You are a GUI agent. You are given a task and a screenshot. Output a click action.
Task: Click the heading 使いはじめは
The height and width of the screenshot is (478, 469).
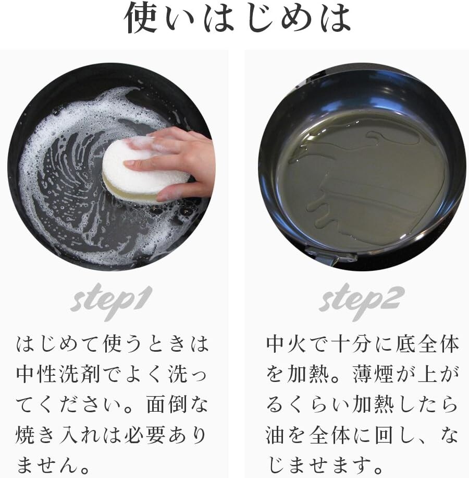pyautogui.click(x=237, y=17)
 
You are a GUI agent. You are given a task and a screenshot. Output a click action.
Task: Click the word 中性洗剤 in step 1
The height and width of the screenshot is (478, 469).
pyautogui.click(x=58, y=374)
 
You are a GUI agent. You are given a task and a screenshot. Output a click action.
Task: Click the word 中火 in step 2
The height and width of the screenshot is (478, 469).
pyautogui.click(x=287, y=343)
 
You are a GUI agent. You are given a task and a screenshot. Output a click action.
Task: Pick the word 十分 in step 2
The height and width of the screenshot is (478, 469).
pyautogui.click(x=352, y=343)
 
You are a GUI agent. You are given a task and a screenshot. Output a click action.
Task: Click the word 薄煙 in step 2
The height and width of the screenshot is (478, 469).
pyautogui.click(x=373, y=374)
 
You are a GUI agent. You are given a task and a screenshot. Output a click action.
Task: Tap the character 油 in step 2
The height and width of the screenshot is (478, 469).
pyautogui.click(x=276, y=435)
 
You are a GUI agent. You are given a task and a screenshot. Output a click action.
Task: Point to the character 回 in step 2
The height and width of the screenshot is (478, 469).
pyautogui.click(x=384, y=435)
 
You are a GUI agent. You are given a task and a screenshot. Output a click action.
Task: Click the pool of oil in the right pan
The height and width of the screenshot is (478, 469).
pyautogui.click(x=362, y=180)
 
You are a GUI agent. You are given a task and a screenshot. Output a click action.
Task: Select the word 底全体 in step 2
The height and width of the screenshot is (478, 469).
pyautogui.click(x=427, y=343)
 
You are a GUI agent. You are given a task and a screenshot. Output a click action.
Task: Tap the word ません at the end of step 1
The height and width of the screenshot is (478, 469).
pyautogui.click(x=48, y=465)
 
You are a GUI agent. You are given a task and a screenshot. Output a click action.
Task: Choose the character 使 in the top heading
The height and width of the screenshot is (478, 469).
pyautogui.click(x=141, y=17)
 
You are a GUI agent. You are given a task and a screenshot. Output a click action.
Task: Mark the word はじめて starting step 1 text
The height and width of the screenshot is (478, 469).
pyautogui.click(x=58, y=343)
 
